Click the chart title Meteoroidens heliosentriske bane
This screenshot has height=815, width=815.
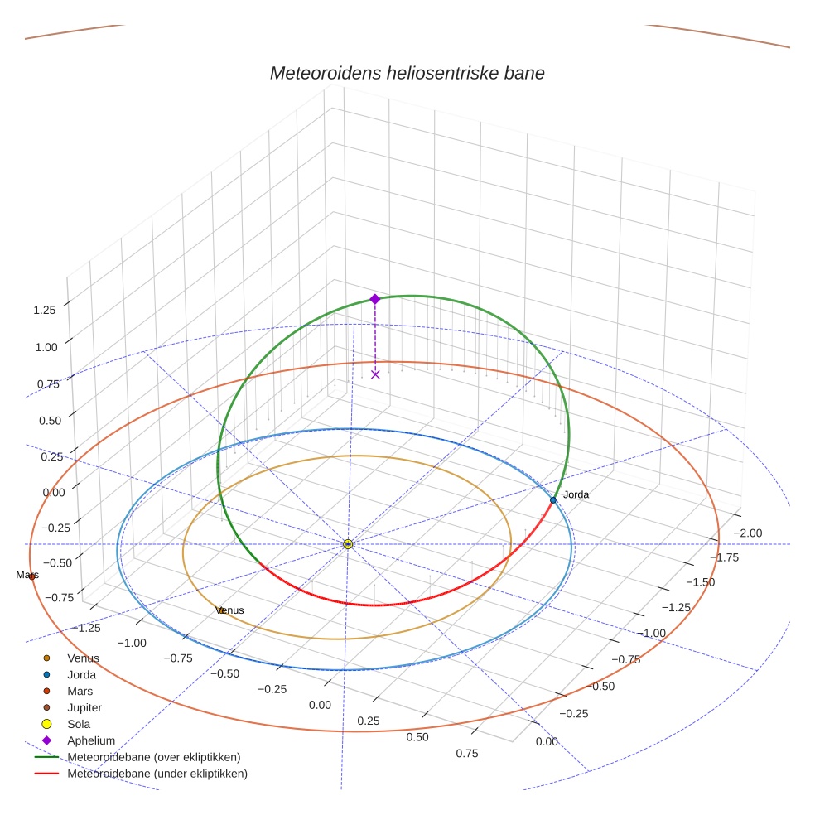(x=407, y=73)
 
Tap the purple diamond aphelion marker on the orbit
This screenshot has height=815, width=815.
(x=374, y=298)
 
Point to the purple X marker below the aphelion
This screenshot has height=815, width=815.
(x=375, y=374)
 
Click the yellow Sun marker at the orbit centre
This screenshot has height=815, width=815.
(x=348, y=544)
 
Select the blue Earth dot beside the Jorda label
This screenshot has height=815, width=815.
(x=553, y=500)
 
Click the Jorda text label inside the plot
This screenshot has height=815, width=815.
(x=576, y=494)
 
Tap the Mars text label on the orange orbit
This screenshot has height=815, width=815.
(x=27, y=575)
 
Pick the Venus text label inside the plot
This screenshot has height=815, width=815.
(x=230, y=610)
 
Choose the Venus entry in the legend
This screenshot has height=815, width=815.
(x=83, y=658)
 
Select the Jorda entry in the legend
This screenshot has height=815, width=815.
(x=81, y=675)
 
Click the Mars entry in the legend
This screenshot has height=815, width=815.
(x=80, y=692)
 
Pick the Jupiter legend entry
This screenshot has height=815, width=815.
(x=84, y=708)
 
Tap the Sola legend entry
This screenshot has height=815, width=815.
(x=80, y=724)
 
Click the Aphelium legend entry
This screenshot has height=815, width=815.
(x=91, y=740)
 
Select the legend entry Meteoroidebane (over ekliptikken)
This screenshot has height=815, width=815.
(x=154, y=757)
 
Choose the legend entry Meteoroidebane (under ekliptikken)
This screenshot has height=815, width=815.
(x=157, y=774)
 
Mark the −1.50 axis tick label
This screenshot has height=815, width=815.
(x=699, y=582)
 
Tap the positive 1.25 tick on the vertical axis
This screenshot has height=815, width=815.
(x=45, y=310)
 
